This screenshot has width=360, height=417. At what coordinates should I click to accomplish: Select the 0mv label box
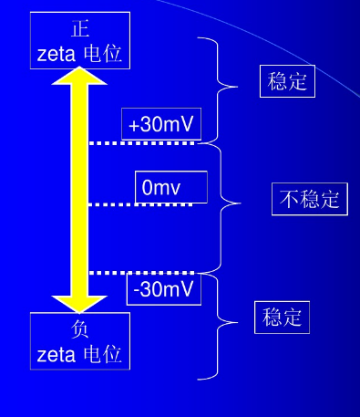click(170, 187)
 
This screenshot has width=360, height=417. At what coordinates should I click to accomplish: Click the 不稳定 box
click(310, 199)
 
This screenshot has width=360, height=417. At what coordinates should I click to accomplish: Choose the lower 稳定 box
click(282, 317)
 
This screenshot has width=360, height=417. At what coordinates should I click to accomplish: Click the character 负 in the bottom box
click(79, 328)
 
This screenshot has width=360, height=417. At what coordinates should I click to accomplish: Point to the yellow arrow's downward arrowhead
click(80, 300)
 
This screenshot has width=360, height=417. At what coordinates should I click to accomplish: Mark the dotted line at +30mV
click(141, 142)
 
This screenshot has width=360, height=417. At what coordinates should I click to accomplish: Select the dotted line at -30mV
click(141, 272)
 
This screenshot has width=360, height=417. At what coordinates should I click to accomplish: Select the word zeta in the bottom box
click(57, 353)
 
